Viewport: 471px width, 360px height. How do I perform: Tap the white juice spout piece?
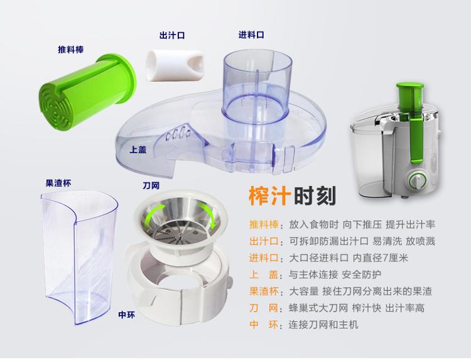pyautogui.click(x=175, y=65)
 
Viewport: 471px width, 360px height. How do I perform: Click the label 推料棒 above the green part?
pyautogui.click(x=70, y=50)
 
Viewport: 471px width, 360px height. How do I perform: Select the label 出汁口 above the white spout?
pyautogui.click(x=172, y=35)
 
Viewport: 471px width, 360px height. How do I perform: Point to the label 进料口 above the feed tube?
pyautogui.click(x=251, y=35)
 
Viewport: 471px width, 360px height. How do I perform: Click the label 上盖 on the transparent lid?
pyautogui.click(x=138, y=150)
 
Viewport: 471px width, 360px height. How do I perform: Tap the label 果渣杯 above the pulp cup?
pyautogui.click(x=58, y=183)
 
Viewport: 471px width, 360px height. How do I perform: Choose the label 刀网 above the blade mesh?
pyautogui.click(x=151, y=186)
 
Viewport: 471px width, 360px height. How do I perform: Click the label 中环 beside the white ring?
pyautogui.click(x=126, y=315)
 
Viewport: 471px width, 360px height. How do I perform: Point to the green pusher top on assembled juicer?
pyautogui.click(x=409, y=87)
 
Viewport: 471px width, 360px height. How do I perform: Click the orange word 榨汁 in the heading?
pyautogui.click(x=269, y=196)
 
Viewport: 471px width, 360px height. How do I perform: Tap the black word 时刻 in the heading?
pyautogui.click(x=315, y=196)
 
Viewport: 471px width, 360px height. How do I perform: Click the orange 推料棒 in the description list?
pyautogui.click(x=264, y=224)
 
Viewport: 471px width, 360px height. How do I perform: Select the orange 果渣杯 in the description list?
pyautogui.click(x=264, y=291)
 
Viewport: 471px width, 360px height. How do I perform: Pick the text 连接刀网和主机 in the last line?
pyautogui.click(x=323, y=325)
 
